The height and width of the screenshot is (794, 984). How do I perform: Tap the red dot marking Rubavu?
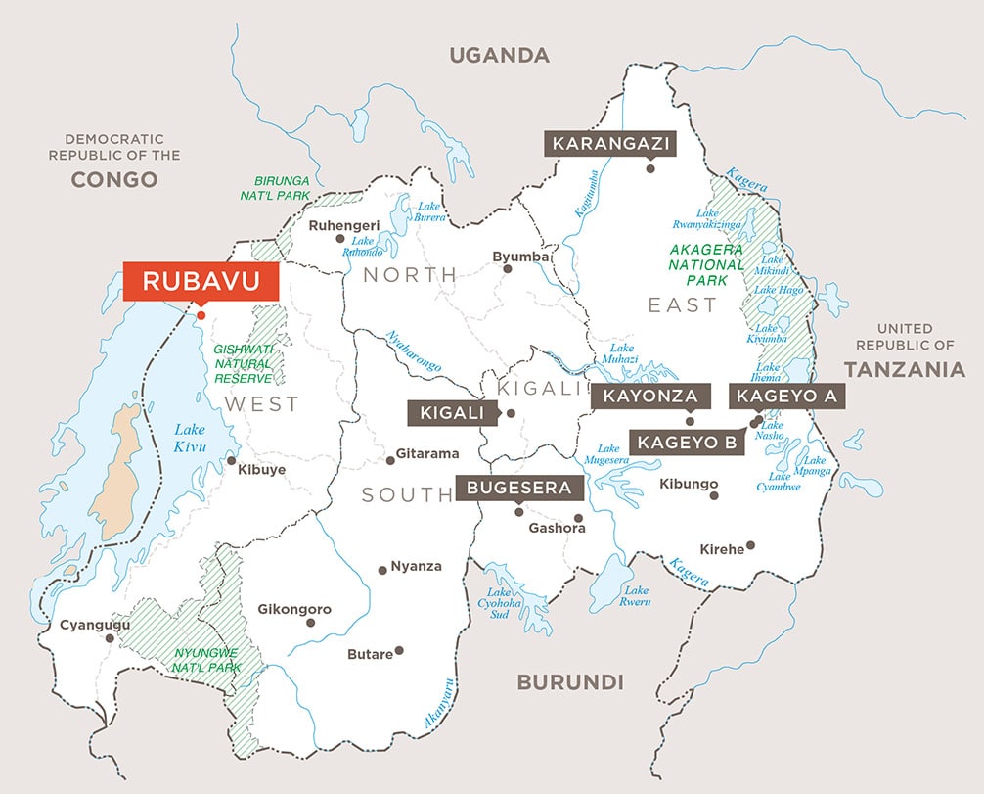201,315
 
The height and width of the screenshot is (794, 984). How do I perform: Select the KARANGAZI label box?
610,144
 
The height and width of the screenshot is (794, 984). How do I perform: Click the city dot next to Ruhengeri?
339,238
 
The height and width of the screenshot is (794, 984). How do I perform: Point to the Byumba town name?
515,257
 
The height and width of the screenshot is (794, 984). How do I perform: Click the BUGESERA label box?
518,487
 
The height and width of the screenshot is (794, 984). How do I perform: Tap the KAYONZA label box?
649,397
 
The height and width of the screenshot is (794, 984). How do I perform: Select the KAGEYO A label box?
787,397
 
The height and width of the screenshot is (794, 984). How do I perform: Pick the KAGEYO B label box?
687,443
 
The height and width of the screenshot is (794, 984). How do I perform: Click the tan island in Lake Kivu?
121,470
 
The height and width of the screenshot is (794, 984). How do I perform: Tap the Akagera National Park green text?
706,264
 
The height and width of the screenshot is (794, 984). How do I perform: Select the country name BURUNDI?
569,682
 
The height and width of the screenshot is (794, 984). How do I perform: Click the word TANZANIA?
905,370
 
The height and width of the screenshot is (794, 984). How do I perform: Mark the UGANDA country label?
499,55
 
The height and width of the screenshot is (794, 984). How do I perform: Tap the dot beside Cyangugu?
110,637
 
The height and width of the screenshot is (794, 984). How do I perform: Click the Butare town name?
370,654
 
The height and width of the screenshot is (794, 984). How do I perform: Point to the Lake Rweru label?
637,596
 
